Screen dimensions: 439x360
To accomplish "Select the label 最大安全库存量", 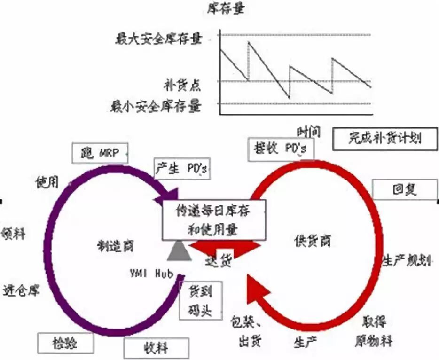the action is coord(159,39).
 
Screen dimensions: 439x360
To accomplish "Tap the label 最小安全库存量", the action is coord(156,107).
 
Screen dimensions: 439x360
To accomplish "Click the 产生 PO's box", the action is coord(181,168).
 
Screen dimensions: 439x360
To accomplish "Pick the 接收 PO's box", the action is coord(280,149).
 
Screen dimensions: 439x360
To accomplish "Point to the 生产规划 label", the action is coord(407,260).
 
